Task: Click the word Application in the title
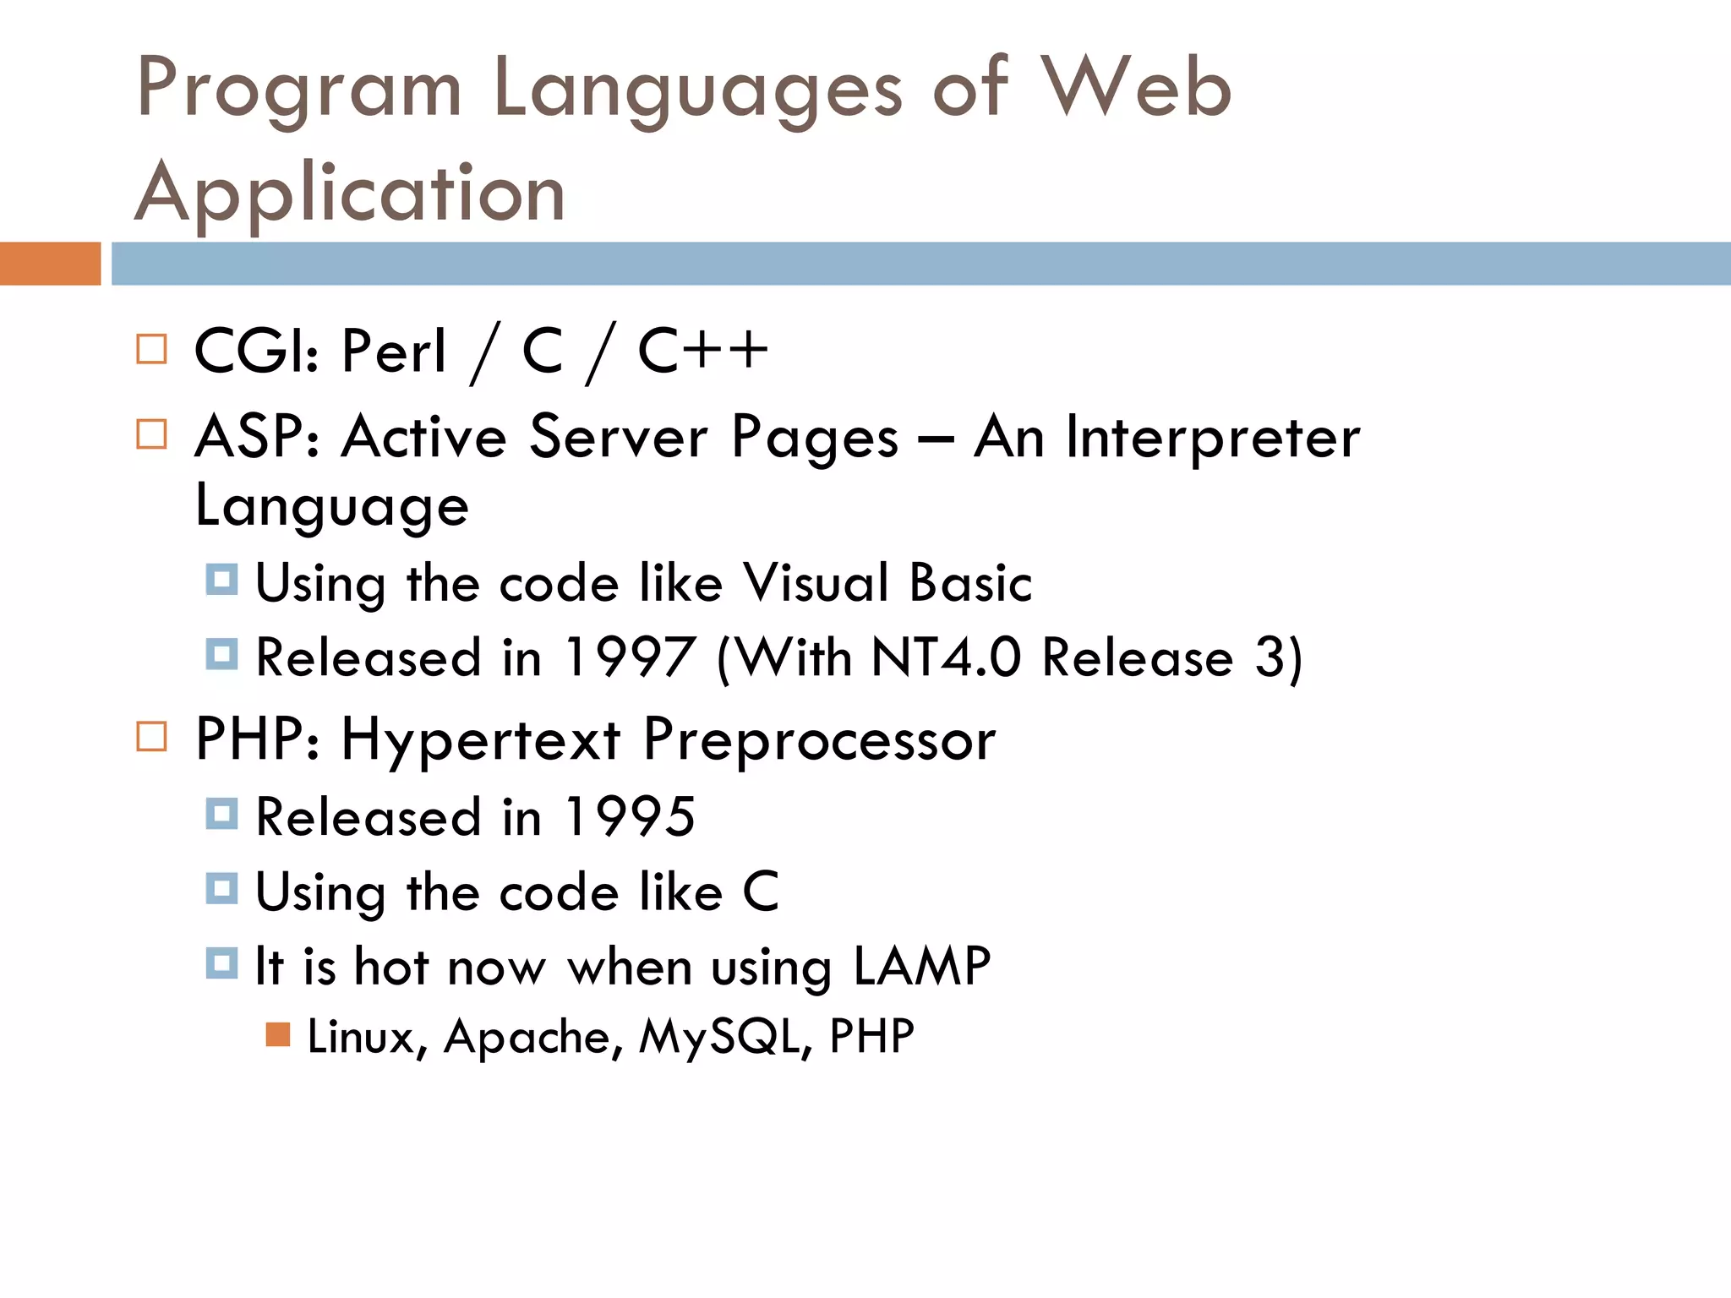tap(350, 193)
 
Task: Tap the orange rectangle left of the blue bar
tap(50, 264)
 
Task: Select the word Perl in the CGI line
tap(394, 351)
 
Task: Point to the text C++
tap(702, 351)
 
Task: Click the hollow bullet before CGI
tap(152, 349)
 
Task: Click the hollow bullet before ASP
tap(152, 434)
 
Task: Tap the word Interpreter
tap(1212, 438)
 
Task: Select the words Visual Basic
tap(887, 583)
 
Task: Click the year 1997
tap(630, 657)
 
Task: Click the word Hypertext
tap(481, 740)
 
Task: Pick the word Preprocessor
tap(819, 740)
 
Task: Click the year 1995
tap(630, 817)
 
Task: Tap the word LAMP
tap(922, 966)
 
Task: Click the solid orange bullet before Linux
tap(278, 1034)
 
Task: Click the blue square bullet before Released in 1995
tap(222, 815)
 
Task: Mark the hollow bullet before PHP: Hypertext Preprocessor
tap(152, 737)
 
